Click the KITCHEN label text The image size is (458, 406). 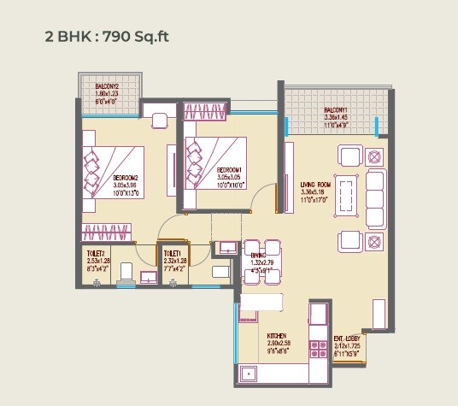(275, 336)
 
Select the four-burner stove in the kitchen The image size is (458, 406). (319, 348)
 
